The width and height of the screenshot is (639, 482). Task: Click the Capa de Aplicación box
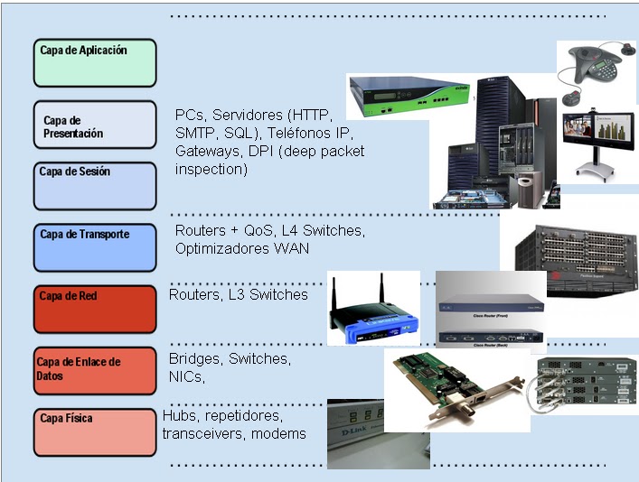tap(95, 62)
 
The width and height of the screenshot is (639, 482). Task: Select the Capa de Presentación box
tap(95, 125)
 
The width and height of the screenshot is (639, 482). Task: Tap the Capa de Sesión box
tap(95, 185)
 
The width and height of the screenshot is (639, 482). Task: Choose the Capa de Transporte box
tap(95, 247)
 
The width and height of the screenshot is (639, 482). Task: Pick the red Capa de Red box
tap(95, 308)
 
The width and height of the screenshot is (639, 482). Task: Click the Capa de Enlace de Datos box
tap(95, 370)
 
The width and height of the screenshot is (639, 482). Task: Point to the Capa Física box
tap(95, 431)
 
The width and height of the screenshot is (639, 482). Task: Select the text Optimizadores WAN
tap(242, 248)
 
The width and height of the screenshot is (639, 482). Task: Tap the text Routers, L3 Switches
tap(239, 294)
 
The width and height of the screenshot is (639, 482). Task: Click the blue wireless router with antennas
tap(371, 311)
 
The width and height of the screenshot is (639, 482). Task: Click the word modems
tap(278, 433)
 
